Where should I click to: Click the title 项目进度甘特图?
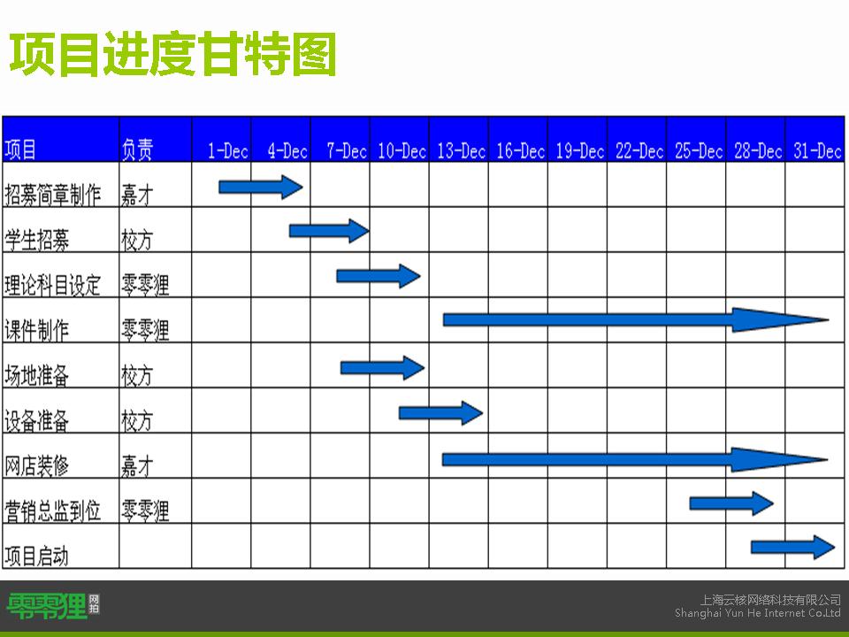coord(172,54)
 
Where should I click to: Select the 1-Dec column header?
coord(228,150)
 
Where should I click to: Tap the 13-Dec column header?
coord(461,150)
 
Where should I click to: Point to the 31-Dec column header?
coord(817,150)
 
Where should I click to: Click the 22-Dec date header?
coord(639,150)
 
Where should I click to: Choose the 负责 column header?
coord(137,150)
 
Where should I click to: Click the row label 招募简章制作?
coord(52,195)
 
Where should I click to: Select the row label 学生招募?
coord(37,240)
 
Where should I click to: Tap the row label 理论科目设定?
coord(52,285)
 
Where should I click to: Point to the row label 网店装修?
coord(37,465)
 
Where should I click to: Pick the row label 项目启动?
coord(37,556)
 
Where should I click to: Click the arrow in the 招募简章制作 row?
coord(260,187)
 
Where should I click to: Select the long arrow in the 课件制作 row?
coord(636,319)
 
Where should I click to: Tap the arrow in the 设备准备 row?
coord(440,413)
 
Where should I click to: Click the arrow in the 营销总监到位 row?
coord(731,503)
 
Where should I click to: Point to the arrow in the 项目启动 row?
coord(792,547)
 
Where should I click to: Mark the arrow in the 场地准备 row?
coord(382,368)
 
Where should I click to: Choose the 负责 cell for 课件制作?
coord(145,330)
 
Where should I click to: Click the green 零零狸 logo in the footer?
coord(53,606)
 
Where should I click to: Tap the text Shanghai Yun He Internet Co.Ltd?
coord(758,612)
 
